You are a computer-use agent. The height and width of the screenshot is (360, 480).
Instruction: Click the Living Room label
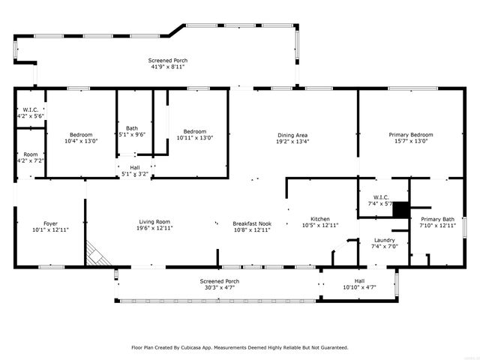pyautogui.click(x=154, y=222)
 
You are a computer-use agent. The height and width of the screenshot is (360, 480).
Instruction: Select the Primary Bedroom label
pyautogui.click(x=410, y=135)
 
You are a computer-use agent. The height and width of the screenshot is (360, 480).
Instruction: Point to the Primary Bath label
pyautogui.click(x=436, y=219)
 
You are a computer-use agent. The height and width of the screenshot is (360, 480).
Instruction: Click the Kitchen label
pyautogui.click(x=319, y=218)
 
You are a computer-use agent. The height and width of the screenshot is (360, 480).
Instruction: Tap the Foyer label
pyautogui.click(x=50, y=223)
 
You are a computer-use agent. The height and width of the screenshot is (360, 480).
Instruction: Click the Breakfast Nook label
pyautogui.click(x=251, y=223)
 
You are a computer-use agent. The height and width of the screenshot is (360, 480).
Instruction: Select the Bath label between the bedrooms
pyautogui.click(x=132, y=127)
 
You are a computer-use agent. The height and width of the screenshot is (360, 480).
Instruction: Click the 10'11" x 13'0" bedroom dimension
pyautogui.click(x=195, y=138)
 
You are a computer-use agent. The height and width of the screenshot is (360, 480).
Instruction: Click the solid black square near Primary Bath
pyautogui.click(x=400, y=209)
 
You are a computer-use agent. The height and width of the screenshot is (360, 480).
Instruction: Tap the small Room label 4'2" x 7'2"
pyautogui.click(x=30, y=160)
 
